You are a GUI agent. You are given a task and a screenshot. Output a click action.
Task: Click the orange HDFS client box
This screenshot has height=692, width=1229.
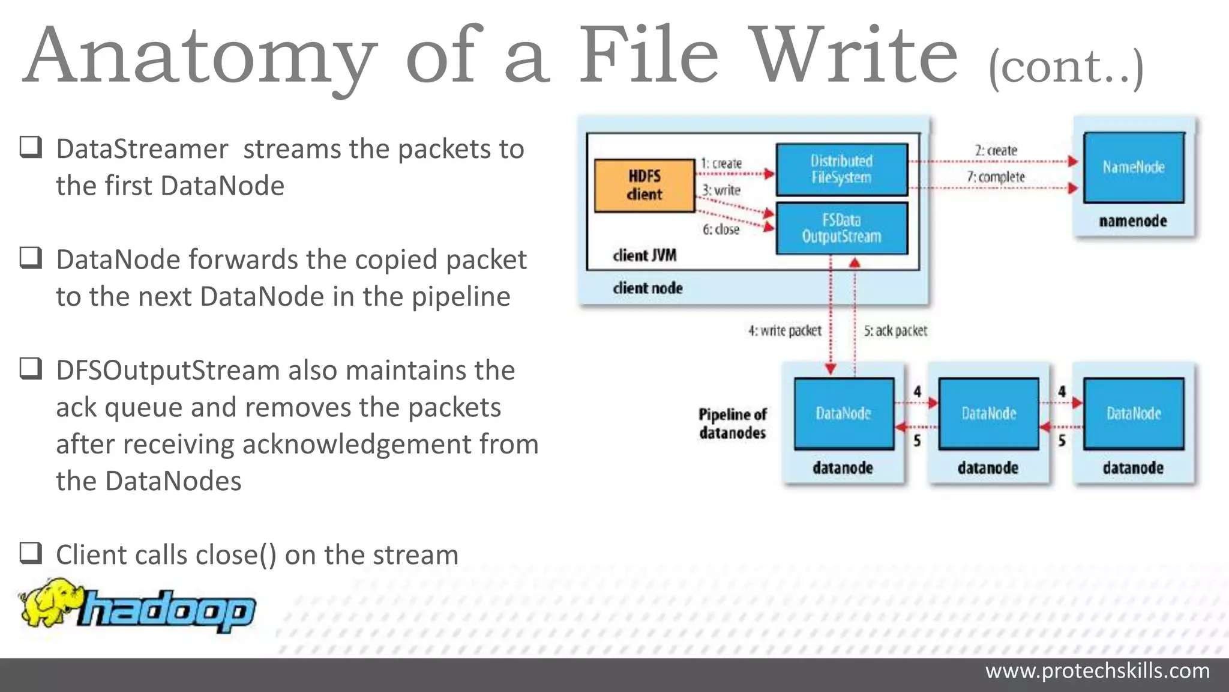[644, 186]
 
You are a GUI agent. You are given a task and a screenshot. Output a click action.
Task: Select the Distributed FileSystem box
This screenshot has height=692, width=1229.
[841, 169]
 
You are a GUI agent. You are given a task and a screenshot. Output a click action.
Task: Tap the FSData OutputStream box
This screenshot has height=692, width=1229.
[841, 229]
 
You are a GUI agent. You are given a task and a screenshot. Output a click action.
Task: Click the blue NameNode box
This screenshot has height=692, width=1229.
[1134, 168]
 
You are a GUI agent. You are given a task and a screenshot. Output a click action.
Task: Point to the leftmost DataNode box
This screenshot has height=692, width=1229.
[844, 414]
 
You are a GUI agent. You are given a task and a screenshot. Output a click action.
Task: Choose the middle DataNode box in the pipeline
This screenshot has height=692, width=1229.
[988, 414]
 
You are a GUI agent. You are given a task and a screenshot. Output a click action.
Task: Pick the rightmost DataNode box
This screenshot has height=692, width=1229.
[1134, 414]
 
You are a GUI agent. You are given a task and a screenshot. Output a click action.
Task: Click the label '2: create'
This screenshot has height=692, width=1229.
[996, 150]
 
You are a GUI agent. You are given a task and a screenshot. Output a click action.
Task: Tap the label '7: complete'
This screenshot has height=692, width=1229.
[996, 177]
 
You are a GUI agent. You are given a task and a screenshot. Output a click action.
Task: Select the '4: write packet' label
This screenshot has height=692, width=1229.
[784, 331]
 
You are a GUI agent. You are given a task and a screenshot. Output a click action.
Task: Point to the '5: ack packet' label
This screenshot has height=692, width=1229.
[895, 331]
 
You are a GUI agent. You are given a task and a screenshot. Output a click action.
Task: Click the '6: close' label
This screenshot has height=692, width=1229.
[721, 229]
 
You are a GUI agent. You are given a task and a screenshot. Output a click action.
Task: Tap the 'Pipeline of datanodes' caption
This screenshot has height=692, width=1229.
[732, 423]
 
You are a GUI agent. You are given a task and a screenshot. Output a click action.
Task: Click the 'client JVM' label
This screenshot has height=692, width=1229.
[644, 256]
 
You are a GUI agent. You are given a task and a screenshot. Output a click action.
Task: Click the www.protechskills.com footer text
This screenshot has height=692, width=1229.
[1097, 671]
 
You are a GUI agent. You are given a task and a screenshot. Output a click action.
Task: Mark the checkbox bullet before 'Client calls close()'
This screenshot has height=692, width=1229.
[31, 553]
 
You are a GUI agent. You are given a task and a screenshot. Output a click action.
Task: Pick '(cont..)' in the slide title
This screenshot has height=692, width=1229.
[1066, 67]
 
